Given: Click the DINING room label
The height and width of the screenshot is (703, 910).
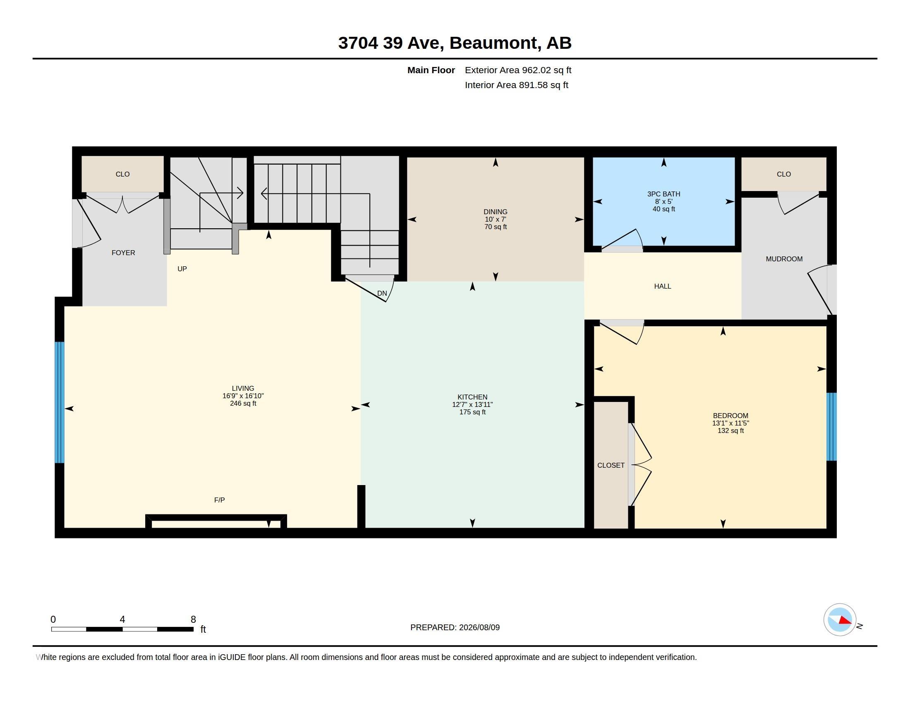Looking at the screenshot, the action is tap(496, 212).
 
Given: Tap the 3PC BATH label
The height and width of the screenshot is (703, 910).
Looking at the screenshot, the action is tap(664, 194).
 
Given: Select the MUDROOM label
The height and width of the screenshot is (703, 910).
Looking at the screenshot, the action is tap(784, 259).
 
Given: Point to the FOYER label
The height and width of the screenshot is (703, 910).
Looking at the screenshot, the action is tap(123, 253).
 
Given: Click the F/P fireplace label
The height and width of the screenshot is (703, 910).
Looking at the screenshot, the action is tap(220, 500).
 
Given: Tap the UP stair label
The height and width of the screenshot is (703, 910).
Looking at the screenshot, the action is tap(182, 269).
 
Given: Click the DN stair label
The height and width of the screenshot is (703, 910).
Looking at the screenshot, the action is tap(382, 293).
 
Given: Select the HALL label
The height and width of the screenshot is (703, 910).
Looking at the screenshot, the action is tap(663, 286).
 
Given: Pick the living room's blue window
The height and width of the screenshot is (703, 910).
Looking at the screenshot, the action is tap(60, 402).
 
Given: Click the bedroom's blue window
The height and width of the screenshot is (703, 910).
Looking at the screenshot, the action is tap(832, 426).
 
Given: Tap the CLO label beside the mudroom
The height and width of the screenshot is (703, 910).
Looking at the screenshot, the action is tap(784, 174).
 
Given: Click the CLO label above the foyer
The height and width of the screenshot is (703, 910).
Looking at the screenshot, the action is tap(122, 174).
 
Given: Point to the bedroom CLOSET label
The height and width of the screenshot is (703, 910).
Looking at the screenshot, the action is tap(611, 465).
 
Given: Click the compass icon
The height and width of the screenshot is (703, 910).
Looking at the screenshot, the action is tap(840, 620).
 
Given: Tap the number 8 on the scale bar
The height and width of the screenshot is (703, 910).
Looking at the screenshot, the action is tap(193, 619).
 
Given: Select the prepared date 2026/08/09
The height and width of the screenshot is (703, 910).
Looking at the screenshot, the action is tap(479, 627).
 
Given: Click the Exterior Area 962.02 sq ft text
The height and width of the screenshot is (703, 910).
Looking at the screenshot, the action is tap(518, 70).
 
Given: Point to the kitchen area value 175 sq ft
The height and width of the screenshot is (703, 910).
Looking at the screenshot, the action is tap(472, 412).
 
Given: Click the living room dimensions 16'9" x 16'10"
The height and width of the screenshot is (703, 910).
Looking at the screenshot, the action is tap(243, 396).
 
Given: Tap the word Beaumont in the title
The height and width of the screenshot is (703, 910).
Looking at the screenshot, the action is tap(493, 43).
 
